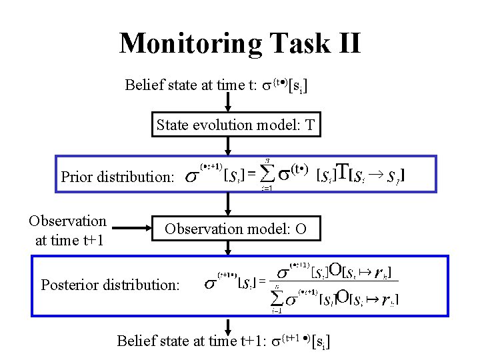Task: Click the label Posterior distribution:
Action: pyautogui.click(x=110, y=285)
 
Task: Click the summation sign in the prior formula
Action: pyautogui.click(x=267, y=175)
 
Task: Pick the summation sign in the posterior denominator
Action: pyautogui.click(x=276, y=299)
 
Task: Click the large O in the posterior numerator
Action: pyautogui.click(x=336, y=271)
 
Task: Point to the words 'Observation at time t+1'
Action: pyautogui.click(x=68, y=230)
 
